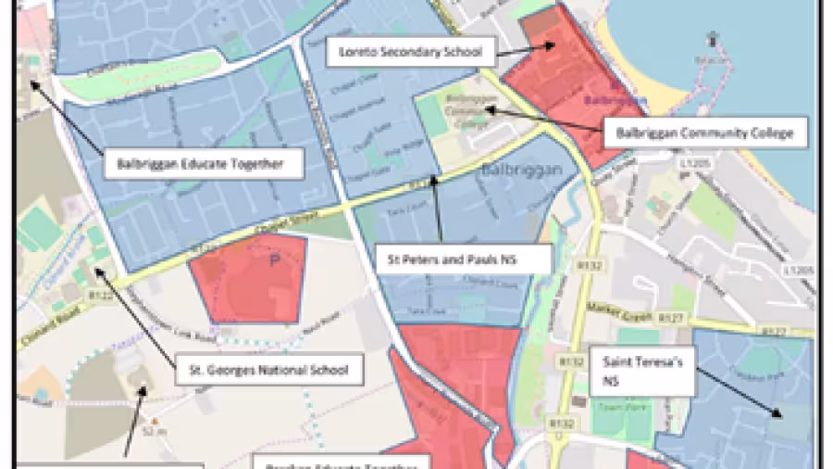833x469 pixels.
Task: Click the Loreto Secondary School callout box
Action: [404, 52]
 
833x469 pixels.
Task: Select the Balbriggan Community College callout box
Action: [704, 133]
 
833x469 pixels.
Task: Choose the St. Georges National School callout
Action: [268, 371]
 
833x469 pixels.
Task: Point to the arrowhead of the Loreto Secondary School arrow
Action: [553, 44]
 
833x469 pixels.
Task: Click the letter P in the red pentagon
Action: [273, 262]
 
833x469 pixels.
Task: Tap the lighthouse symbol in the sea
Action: [711, 39]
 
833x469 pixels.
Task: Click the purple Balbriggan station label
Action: [612, 97]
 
